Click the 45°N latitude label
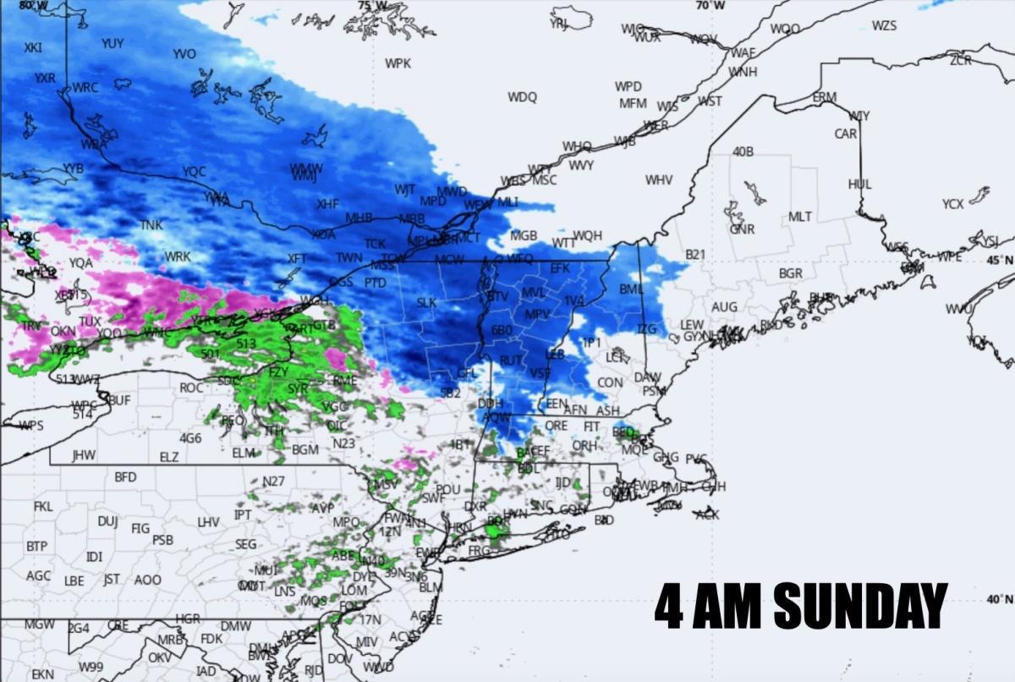point(999,260)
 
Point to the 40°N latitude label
point(999,599)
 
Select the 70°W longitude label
point(710,5)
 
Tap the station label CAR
point(846,134)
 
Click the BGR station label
point(791,274)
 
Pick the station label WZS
point(884,25)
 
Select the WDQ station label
point(522,97)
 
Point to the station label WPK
point(398,63)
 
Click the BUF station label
point(119,399)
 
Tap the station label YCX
point(952,204)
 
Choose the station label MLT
point(800,217)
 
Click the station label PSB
point(162,540)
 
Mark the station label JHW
point(84,455)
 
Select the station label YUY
point(112,43)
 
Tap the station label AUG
point(724,306)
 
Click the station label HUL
point(859,184)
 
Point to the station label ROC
point(191,388)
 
